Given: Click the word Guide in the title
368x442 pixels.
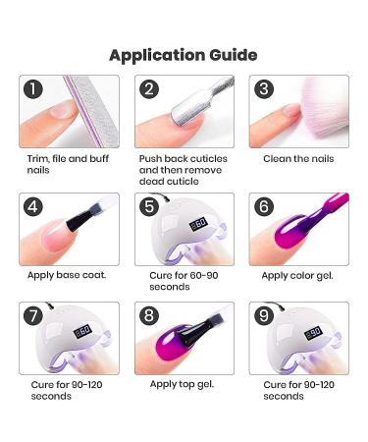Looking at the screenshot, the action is tap(233, 55).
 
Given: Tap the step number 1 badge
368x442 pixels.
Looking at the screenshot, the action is tap(33, 89).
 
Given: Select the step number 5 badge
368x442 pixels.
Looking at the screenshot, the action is tap(149, 206).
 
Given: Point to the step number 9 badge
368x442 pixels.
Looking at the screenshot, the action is tap(264, 315).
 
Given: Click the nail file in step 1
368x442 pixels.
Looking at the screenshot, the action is tap(91, 110).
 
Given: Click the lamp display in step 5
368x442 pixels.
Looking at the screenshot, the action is tap(198, 224).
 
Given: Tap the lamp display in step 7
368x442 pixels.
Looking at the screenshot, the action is tap(82, 332).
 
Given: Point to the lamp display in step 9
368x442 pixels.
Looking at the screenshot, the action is tap(313, 333).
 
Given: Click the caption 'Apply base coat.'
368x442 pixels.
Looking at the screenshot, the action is tap(67, 275).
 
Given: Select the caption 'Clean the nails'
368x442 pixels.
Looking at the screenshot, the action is tap(298, 159).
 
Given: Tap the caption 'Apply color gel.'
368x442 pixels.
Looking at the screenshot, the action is tap(297, 276).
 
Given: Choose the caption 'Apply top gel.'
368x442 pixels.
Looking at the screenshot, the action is tap(182, 384).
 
